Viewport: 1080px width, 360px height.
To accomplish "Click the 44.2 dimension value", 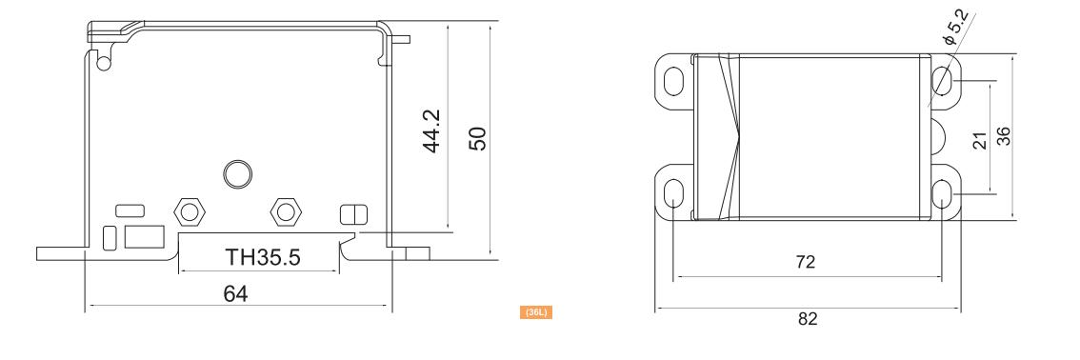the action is coord(431,130).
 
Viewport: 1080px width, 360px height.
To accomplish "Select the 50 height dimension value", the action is coord(477,138).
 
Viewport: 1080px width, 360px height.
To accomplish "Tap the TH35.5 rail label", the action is coord(263,257).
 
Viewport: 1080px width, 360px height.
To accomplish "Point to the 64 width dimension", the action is coord(235,294).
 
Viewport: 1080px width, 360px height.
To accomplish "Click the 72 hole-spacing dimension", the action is coord(805,262).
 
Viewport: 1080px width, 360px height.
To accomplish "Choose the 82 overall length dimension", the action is coord(808,319).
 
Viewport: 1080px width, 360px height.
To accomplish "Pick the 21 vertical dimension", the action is coord(981,140).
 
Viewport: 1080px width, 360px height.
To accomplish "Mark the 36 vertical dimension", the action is coord(1004,136).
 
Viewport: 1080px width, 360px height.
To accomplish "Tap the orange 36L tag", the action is coord(536,312).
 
